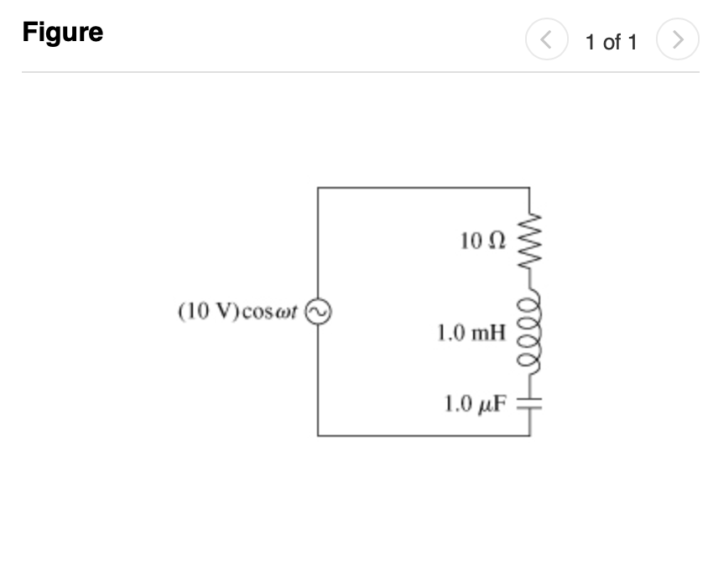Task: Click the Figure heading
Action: click(63, 33)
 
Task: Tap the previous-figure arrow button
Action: click(546, 39)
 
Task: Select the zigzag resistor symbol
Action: click(530, 241)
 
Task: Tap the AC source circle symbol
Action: click(318, 312)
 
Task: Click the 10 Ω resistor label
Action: click(483, 241)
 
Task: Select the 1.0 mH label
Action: click(471, 333)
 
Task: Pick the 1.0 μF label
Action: click(476, 405)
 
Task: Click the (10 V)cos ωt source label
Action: click(238, 312)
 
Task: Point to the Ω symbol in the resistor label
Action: click(497, 241)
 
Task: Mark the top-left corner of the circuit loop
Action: click(318, 188)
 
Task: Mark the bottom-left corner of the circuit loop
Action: click(318, 435)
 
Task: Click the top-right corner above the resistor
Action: click(530, 188)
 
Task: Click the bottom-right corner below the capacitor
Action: click(530, 435)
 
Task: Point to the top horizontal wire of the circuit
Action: click(424, 188)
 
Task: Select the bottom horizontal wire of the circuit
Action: click(424, 435)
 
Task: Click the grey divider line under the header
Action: click(361, 72)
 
